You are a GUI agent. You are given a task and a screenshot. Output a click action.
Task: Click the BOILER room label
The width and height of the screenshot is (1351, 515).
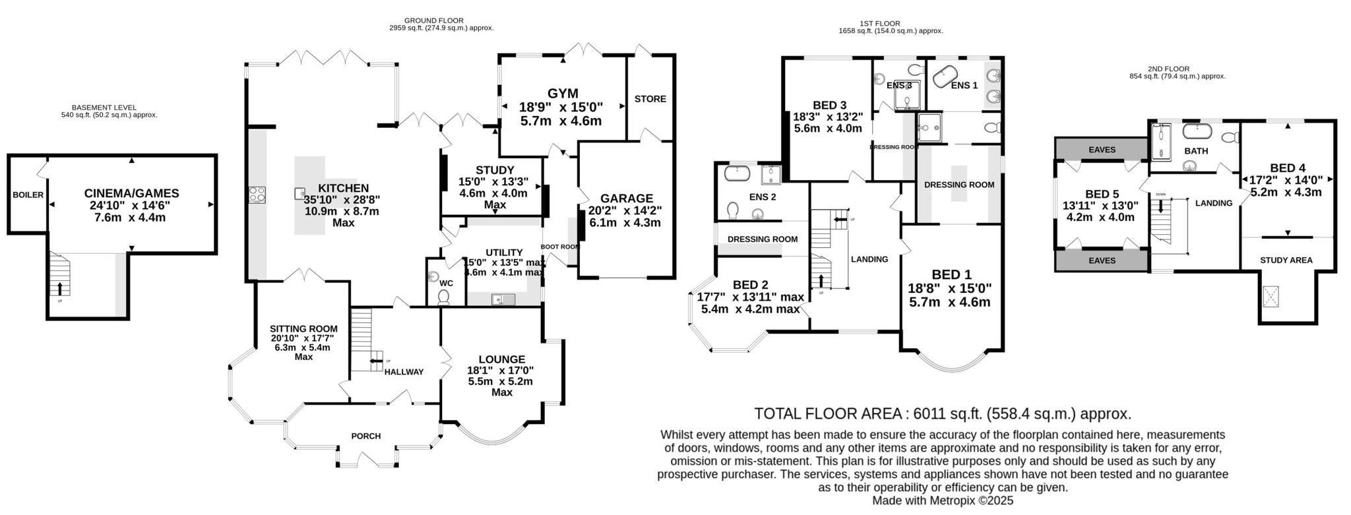(28, 195)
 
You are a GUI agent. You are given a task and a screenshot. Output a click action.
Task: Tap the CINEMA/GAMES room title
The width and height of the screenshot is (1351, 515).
(131, 193)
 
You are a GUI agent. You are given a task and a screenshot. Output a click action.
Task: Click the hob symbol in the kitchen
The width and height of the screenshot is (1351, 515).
(257, 194)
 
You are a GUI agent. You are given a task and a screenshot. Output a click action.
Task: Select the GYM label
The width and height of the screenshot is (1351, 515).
(562, 93)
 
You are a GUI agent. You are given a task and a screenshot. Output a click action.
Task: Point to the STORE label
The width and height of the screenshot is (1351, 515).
(650, 99)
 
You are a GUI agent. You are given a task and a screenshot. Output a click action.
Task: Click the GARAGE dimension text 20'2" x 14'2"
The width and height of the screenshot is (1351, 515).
(626, 211)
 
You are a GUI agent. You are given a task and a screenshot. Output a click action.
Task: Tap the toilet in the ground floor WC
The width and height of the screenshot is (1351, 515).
(443, 299)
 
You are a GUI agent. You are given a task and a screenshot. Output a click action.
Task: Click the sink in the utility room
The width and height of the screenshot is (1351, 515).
(503, 299)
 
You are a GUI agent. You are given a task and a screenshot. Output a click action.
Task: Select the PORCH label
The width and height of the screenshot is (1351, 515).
(365, 436)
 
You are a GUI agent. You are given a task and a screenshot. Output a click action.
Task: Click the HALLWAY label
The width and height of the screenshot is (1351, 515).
(404, 372)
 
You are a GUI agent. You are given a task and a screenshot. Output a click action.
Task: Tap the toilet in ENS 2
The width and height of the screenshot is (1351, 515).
(732, 210)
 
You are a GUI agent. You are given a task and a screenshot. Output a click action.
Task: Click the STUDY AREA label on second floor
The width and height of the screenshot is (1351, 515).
(1286, 260)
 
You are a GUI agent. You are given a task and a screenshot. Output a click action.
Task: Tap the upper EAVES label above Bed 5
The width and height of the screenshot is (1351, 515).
(1102, 150)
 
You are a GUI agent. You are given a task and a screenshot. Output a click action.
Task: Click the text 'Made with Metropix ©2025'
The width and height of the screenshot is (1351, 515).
(942, 500)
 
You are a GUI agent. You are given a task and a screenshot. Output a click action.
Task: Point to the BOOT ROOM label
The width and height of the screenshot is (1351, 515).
(559, 247)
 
